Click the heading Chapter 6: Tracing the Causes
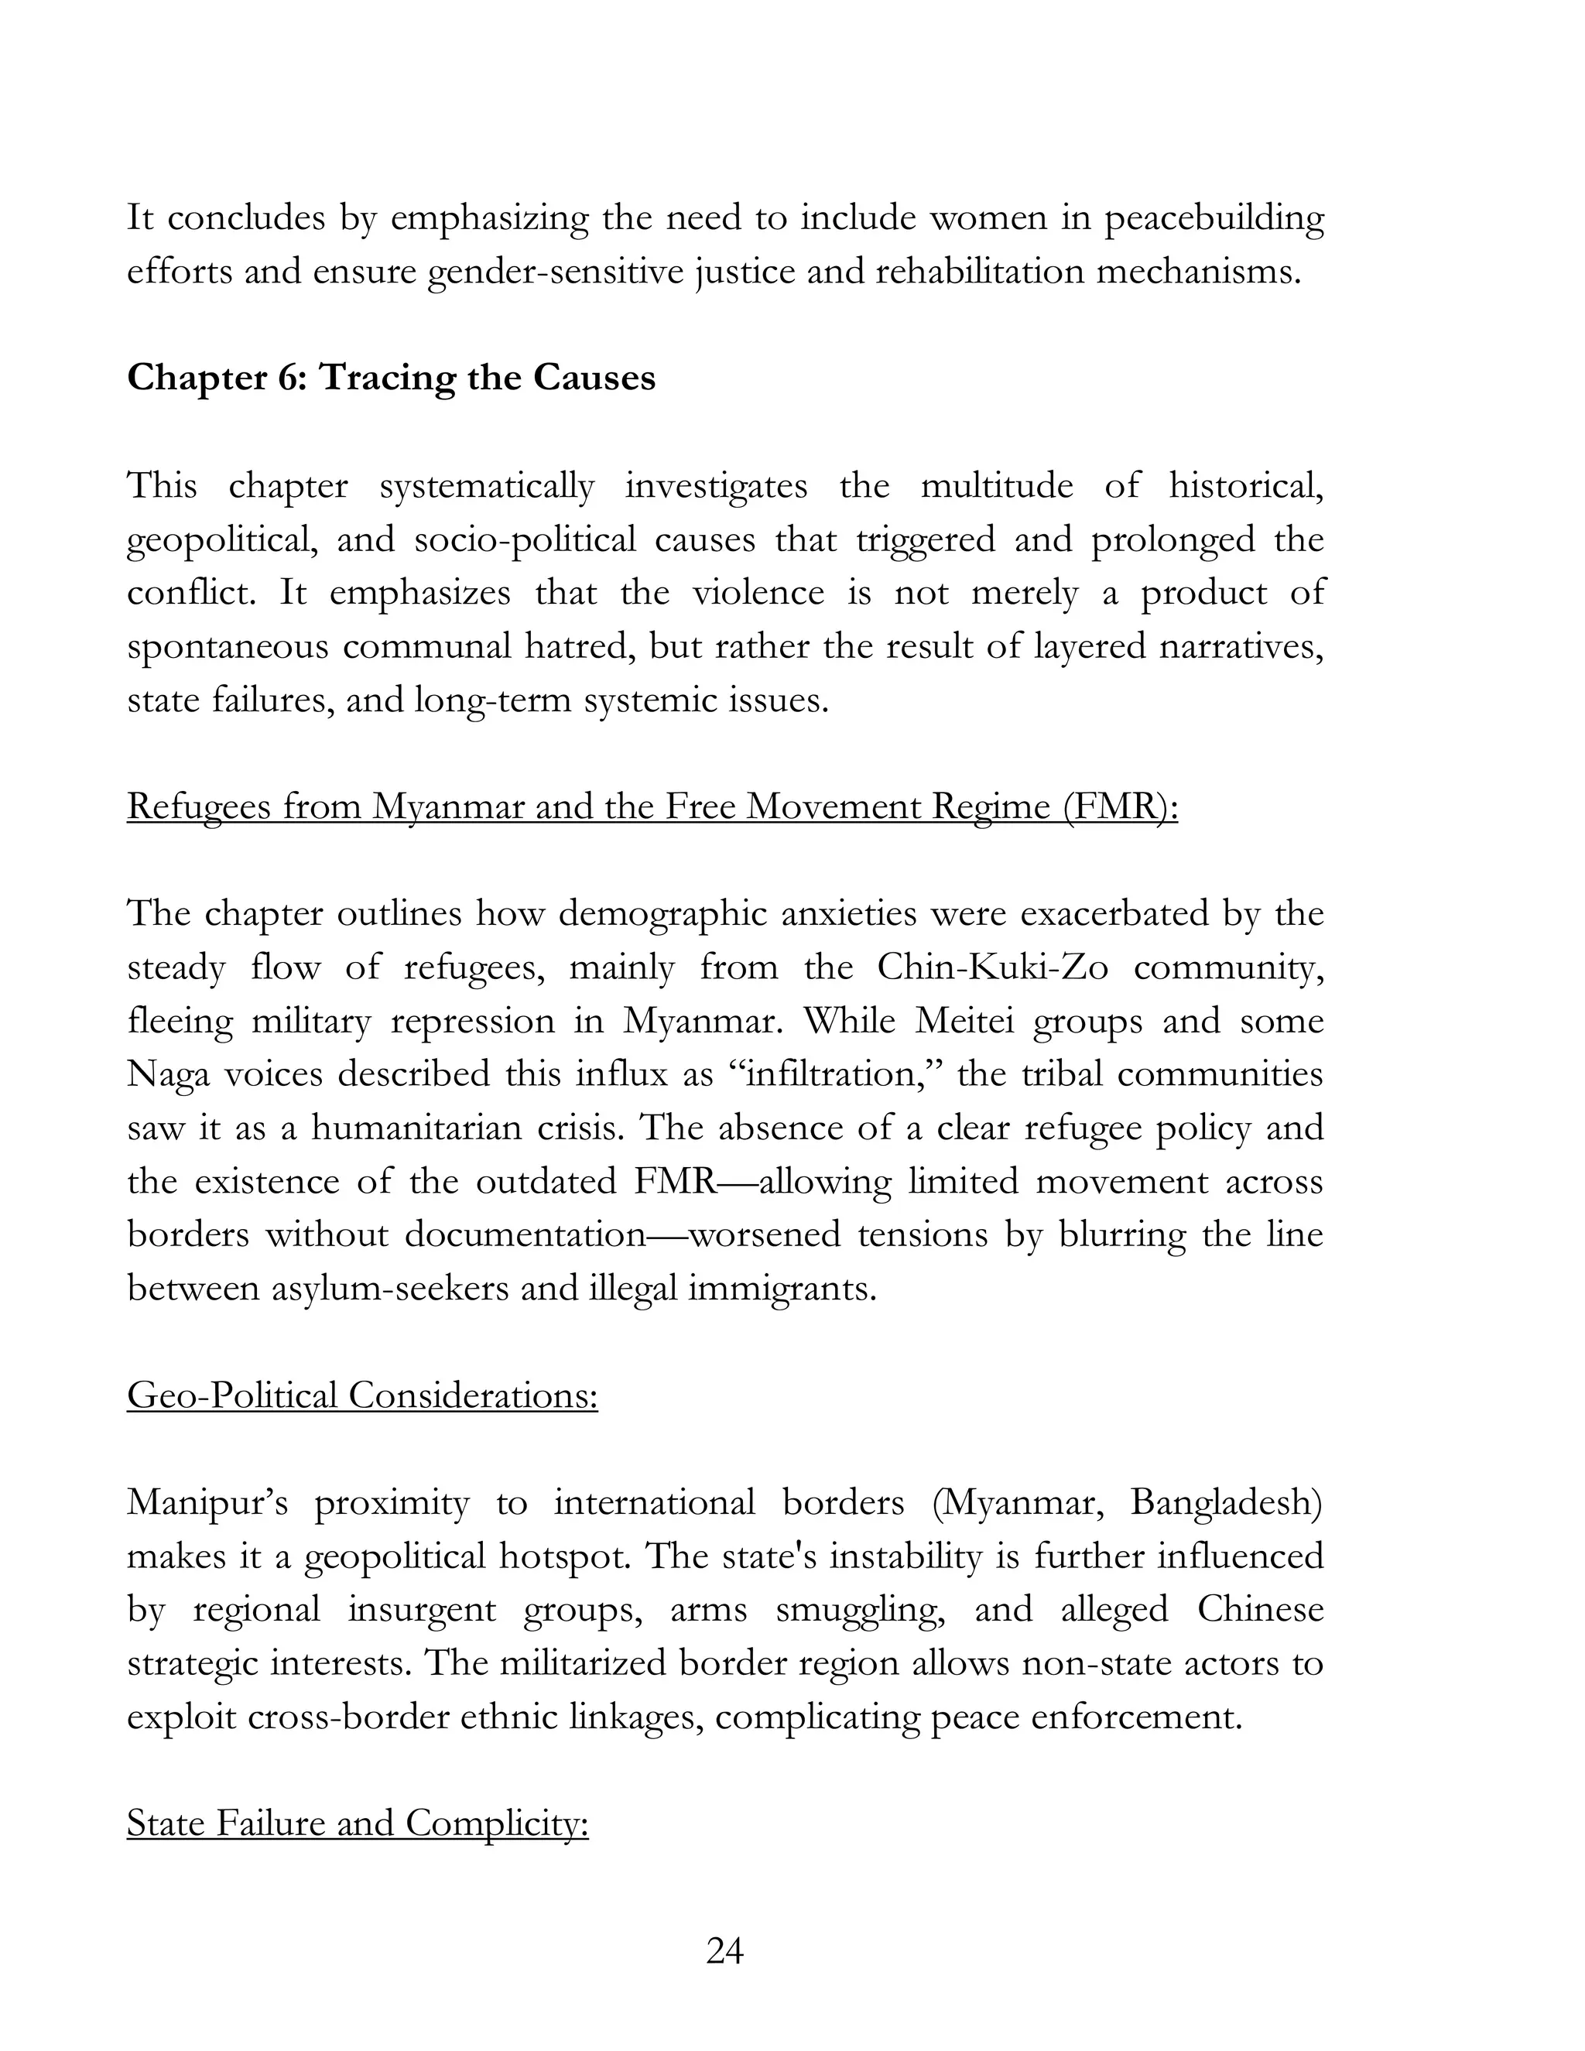coord(391,378)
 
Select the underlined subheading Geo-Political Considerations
coord(361,1395)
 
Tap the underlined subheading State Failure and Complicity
coord(357,1823)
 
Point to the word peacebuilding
coord(1214,218)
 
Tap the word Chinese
coord(1260,1610)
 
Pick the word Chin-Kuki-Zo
coord(992,967)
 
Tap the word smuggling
coord(861,1610)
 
